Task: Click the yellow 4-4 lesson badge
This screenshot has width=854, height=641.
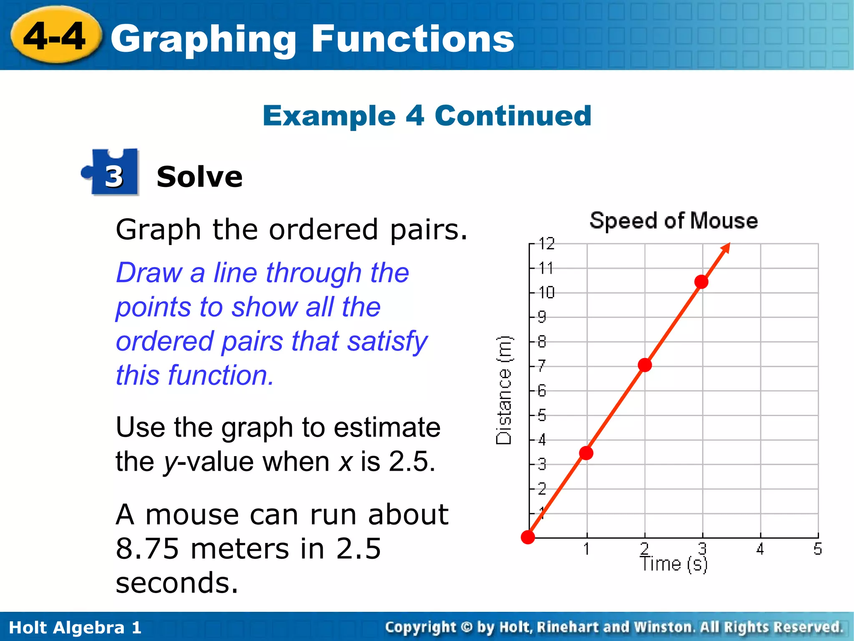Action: click(55, 37)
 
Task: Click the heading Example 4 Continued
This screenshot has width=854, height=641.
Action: click(427, 116)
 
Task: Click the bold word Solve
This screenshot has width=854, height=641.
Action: click(199, 177)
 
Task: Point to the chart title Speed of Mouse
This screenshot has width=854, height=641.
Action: click(673, 220)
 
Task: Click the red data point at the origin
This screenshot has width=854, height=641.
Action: click(528, 537)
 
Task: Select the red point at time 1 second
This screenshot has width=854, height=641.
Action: click(586, 453)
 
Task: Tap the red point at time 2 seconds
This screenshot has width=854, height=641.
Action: click(645, 365)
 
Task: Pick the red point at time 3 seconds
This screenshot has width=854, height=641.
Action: click(701, 282)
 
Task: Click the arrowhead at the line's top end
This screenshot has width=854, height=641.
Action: click(726, 247)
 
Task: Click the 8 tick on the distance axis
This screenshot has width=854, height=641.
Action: click(542, 342)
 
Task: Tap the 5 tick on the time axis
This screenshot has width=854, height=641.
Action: click(818, 549)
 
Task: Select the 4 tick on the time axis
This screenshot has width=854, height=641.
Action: click(760, 549)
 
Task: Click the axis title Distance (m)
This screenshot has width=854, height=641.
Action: click(504, 391)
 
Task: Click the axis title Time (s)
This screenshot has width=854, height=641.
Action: click(673, 564)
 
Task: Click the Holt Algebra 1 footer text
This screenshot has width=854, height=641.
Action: click(75, 628)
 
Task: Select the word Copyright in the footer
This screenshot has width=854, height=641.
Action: click(420, 627)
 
